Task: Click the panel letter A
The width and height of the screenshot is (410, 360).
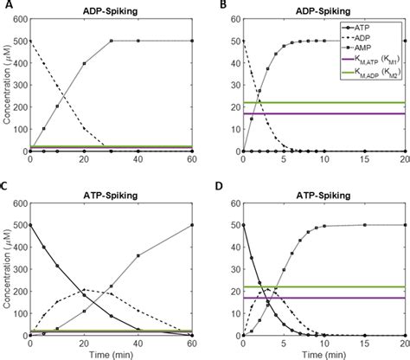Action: pos(6,6)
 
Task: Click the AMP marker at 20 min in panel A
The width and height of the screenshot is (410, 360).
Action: pos(84,63)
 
